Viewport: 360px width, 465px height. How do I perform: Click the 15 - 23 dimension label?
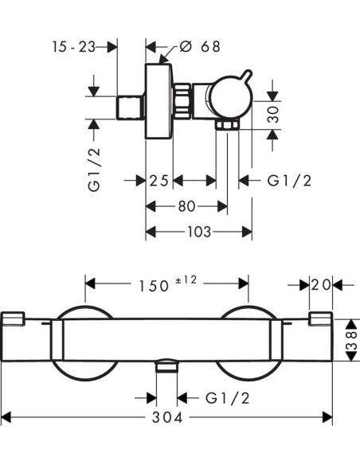74,47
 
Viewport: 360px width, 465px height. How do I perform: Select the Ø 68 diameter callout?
200,46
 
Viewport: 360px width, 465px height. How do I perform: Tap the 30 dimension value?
273,114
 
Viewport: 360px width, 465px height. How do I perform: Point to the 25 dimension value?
158,181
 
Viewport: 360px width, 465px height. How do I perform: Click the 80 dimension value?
187,206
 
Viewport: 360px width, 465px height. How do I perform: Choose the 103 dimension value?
199,232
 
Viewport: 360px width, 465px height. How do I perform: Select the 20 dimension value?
321,285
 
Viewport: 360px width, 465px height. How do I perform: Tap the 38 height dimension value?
352,340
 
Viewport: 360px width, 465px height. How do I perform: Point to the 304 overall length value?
167,418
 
